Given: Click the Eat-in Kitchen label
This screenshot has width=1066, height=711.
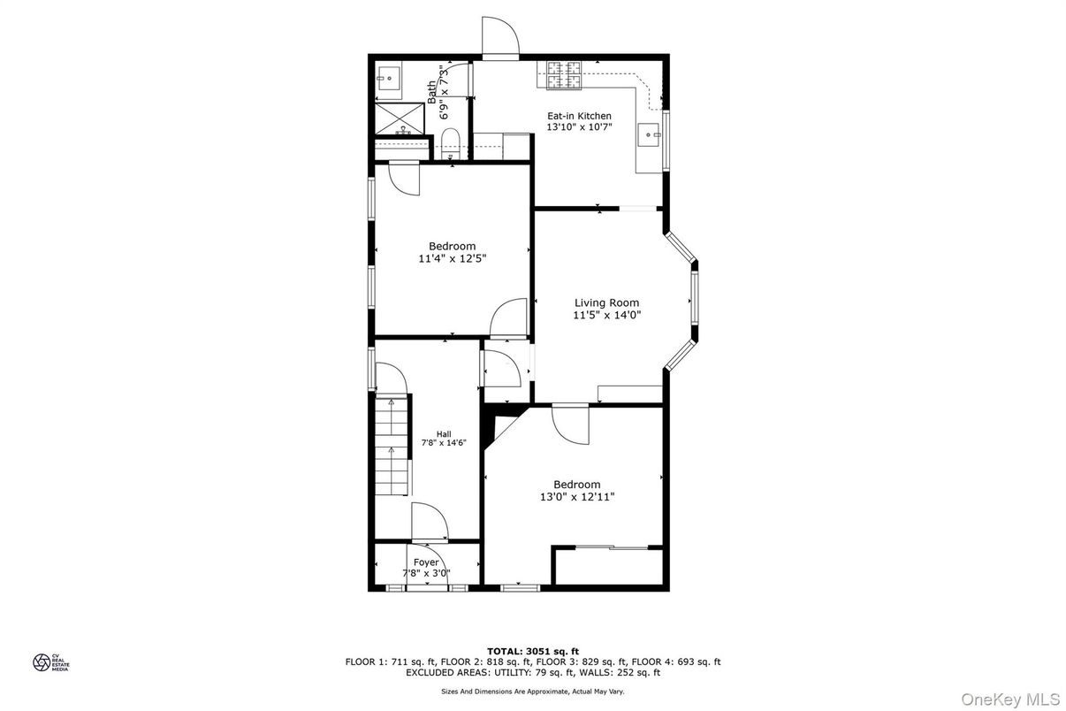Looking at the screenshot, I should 579,116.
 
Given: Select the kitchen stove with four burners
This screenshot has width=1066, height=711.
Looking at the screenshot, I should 564,75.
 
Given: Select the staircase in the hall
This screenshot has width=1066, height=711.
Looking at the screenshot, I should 392,447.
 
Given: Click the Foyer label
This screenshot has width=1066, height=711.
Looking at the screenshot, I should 426,562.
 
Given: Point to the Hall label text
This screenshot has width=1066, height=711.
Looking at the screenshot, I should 444,433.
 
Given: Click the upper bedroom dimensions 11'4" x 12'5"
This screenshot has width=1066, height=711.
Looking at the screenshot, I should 453,259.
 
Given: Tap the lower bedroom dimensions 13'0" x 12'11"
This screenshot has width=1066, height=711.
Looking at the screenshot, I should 577,497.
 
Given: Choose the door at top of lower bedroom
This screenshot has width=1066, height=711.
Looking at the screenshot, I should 569,424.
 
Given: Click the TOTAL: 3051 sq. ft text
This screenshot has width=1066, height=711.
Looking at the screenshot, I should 533,651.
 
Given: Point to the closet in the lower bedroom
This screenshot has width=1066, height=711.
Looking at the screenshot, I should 608,567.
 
